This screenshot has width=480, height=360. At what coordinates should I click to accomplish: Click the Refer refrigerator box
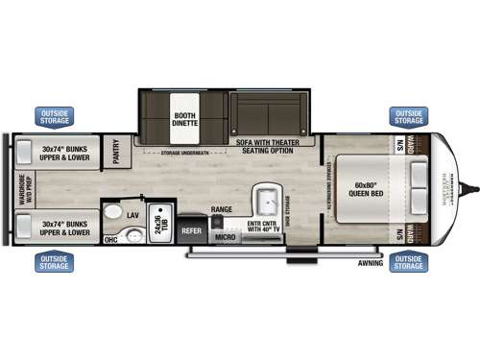click(x=192, y=230)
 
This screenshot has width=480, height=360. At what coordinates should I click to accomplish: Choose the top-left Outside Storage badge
click(x=56, y=116)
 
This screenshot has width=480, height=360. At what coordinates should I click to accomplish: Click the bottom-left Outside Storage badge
click(x=55, y=261)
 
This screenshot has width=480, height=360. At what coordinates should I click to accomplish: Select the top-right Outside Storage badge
click(x=408, y=116)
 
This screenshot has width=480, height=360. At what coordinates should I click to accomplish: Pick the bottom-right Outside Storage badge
click(x=408, y=261)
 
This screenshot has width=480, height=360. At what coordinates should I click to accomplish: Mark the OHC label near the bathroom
click(x=110, y=239)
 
